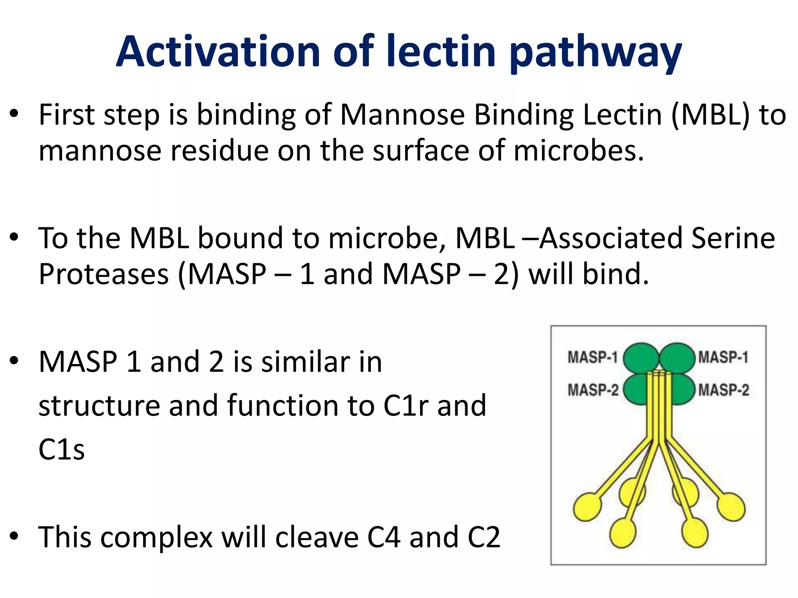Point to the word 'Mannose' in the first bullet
[402, 115]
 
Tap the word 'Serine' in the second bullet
[733, 238]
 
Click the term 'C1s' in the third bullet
[62, 450]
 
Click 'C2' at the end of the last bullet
[484, 537]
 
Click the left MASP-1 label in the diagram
[592, 357]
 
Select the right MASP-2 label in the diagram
[724, 390]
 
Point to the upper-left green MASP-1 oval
[641, 357]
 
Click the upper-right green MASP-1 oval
[677, 357]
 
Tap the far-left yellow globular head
[587, 507]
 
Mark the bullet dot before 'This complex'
[14, 536]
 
